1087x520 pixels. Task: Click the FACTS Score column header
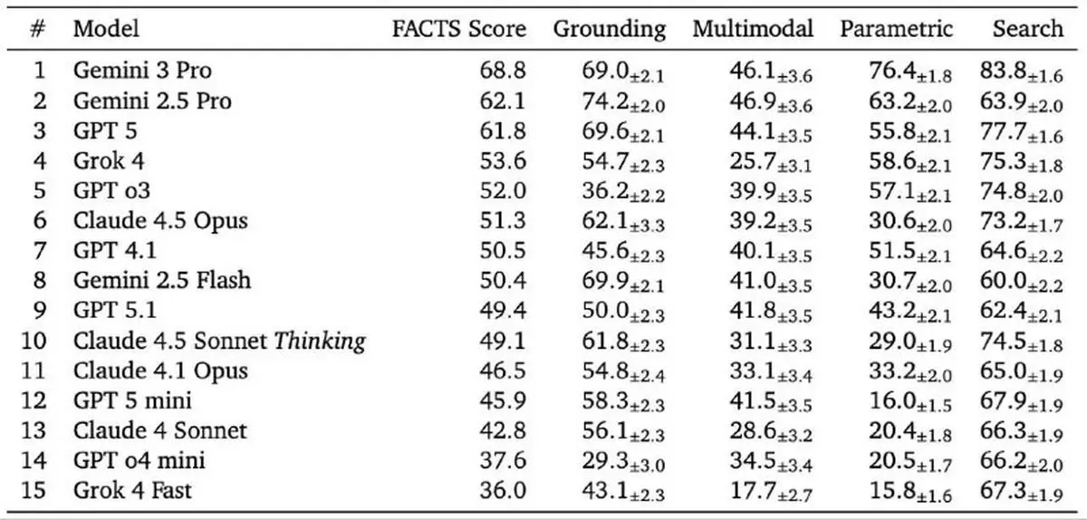tap(459, 29)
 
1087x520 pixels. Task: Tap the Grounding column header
tap(610, 30)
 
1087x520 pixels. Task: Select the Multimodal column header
tap(753, 29)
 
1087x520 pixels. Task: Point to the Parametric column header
tap(896, 29)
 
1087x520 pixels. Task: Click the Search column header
tap(1028, 29)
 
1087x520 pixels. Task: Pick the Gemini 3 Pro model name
tap(142, 71)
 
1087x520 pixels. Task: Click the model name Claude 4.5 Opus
tap(160, 221)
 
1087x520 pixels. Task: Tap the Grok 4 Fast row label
tap(132, 490)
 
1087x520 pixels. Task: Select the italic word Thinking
tap(320, 342)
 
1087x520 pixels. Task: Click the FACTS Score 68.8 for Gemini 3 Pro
tap(503, 71)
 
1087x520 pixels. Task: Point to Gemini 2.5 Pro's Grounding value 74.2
tap(605, 101)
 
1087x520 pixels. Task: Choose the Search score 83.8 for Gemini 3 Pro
tap(1003, 71)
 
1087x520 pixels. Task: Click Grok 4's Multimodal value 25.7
tap(753, 161)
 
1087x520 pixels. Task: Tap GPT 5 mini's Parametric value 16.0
tap(892, 401)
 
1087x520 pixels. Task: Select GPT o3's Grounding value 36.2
tap(605, 191)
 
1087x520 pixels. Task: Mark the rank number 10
tap(34, 341)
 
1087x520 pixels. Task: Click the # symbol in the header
tap(38, 29)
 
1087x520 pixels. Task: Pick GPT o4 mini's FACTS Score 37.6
tap(503, 461)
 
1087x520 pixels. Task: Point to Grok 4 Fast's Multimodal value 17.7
tap(753, 490)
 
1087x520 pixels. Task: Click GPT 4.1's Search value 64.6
tap(1003, 251)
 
